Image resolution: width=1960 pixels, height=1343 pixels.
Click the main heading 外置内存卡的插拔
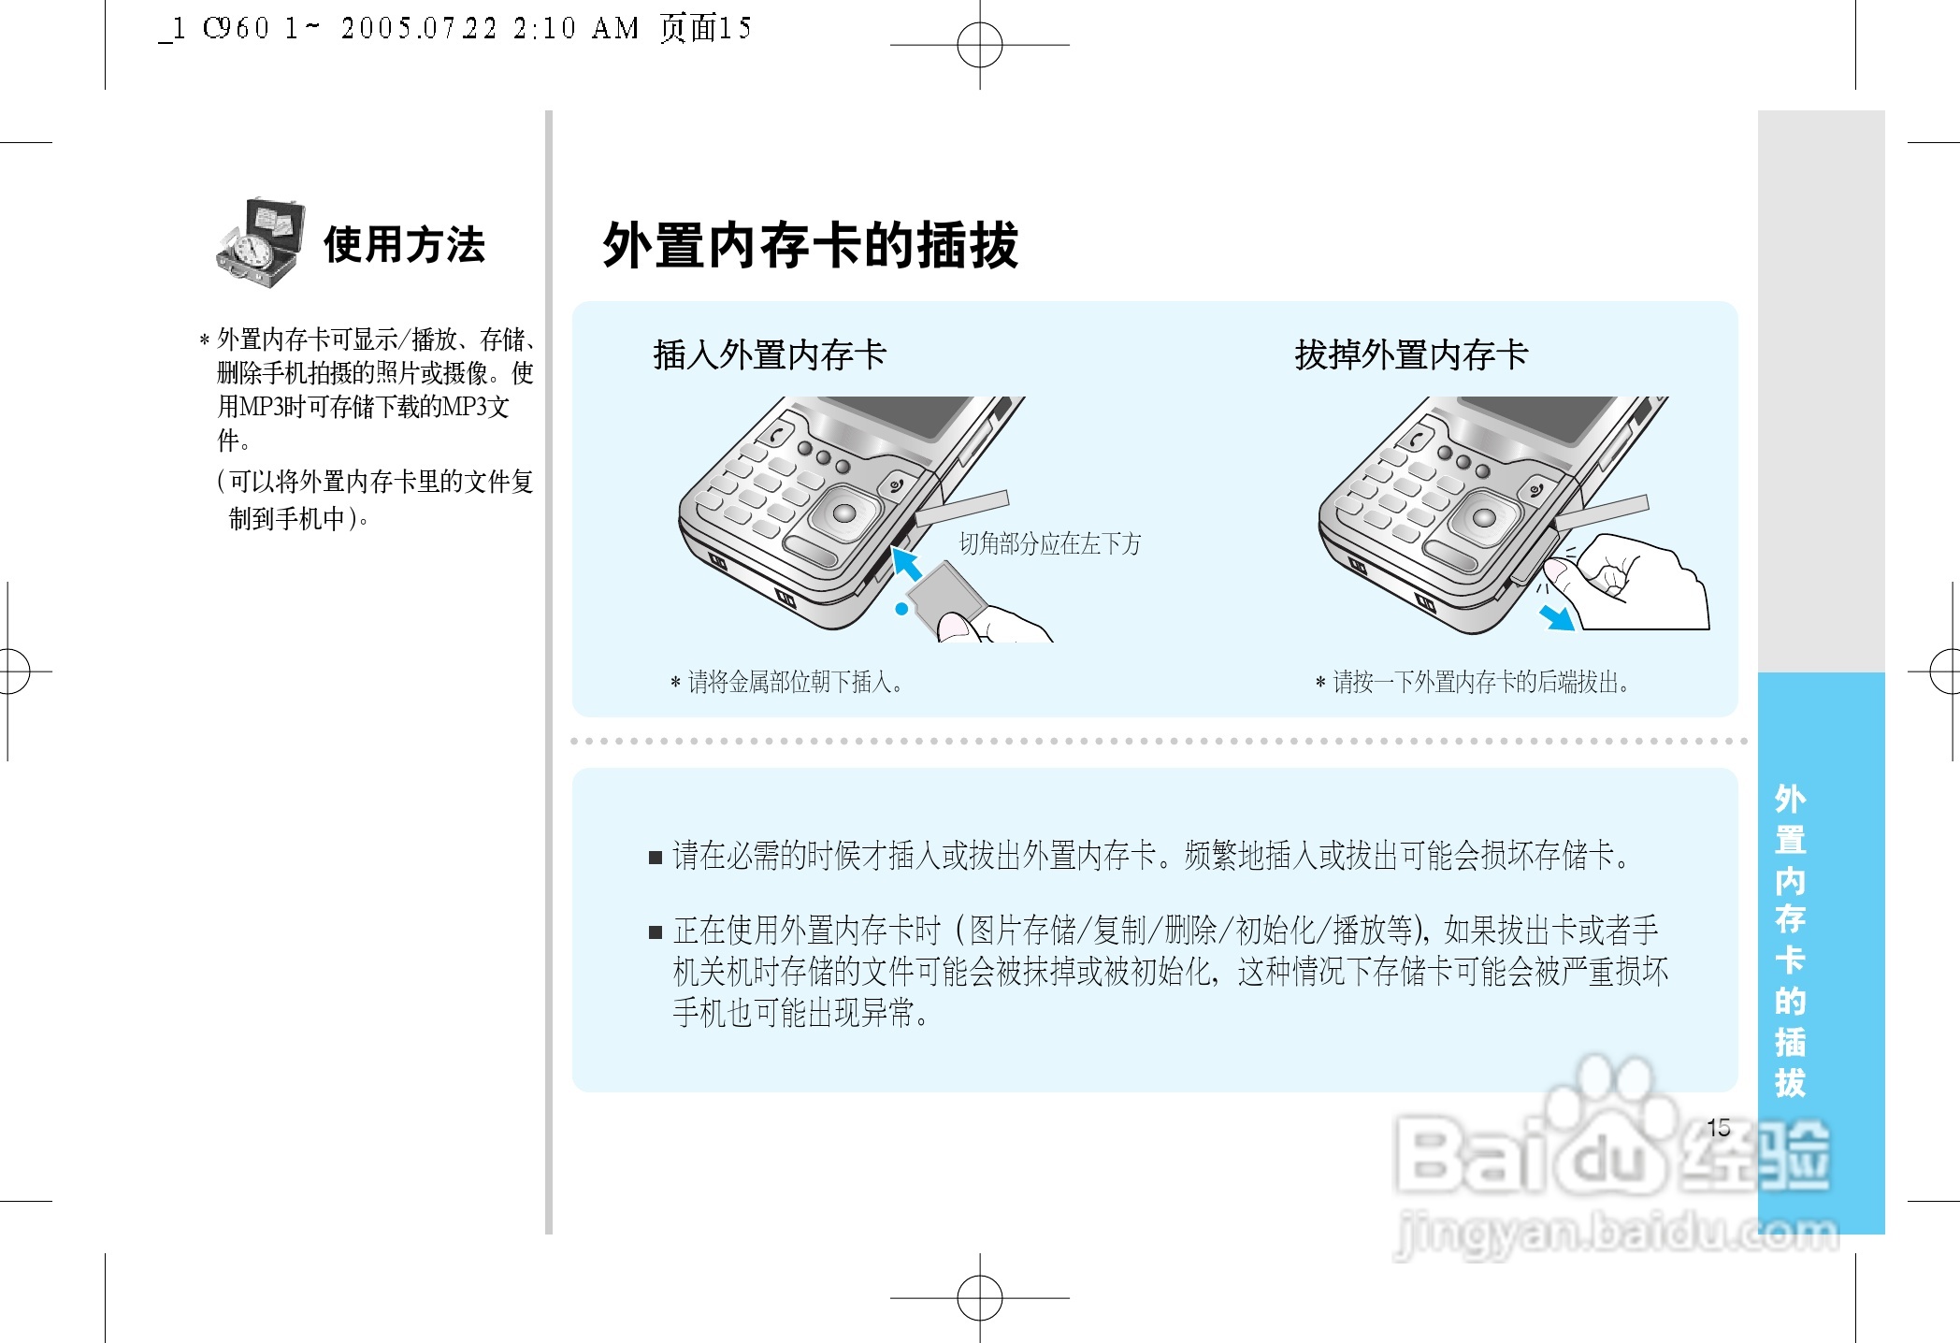[810, 246]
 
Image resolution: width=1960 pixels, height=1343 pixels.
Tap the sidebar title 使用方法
[404, 245]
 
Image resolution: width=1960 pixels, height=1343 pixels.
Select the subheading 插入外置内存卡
[769, 355]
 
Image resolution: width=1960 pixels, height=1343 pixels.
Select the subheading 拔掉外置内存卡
[1410, 355]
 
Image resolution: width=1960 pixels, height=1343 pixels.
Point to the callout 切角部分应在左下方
[1049, 543]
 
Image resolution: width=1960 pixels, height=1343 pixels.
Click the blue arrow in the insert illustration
[905, 563]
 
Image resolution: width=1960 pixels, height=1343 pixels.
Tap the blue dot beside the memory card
[901, 609]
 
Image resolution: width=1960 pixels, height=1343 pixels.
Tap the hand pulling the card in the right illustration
[1636, 585]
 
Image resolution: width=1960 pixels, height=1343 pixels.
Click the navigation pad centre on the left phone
[843, 513]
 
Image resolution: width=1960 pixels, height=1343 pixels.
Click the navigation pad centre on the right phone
[1484, 517]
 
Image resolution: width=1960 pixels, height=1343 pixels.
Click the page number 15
[1718, 1128]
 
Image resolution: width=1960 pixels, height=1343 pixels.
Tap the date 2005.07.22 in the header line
[418, 29]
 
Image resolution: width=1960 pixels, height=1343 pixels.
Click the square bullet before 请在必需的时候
[656, 857]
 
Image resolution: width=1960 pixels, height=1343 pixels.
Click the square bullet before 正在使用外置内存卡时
[656, 931]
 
